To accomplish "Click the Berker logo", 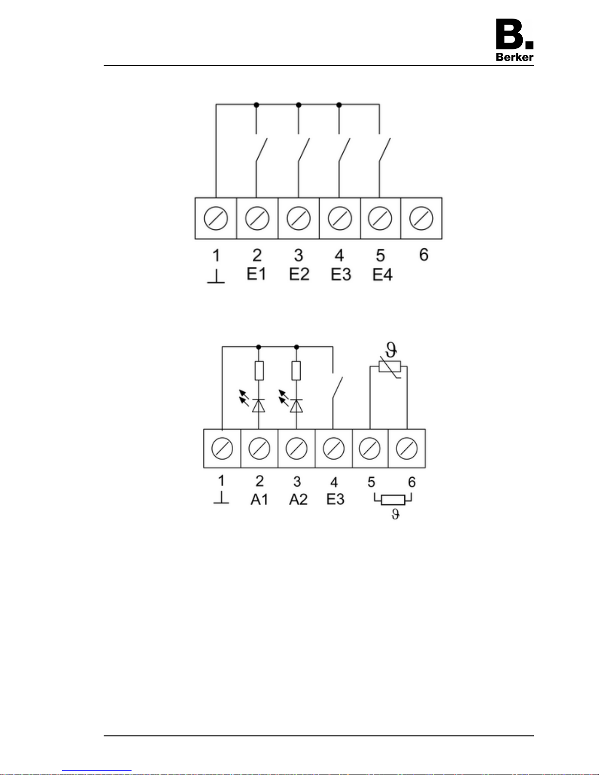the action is tap(514, 40).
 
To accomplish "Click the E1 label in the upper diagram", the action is tap(256, 274).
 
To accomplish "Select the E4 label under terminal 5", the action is tap(382, 275).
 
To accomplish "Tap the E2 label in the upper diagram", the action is tap(299, 274).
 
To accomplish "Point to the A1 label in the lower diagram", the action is tap(259, 499).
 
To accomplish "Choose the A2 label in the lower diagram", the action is tap(298, 499).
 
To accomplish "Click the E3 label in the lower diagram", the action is tap(335, 499).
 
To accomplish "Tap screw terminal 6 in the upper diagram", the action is tap(421, 218).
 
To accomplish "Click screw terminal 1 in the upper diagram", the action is tap(216, 218).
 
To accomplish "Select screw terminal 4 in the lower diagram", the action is tap(333, 448).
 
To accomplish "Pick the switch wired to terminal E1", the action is tap(261, 150).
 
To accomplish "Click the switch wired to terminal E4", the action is tap(384, 150).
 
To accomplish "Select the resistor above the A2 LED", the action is tap(296, 371).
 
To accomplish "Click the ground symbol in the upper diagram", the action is tap(216, 277).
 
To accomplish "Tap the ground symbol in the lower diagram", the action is tap(221, 498).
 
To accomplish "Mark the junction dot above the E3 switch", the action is tap(339, 105).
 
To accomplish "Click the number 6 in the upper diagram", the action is tap(423, 255).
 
